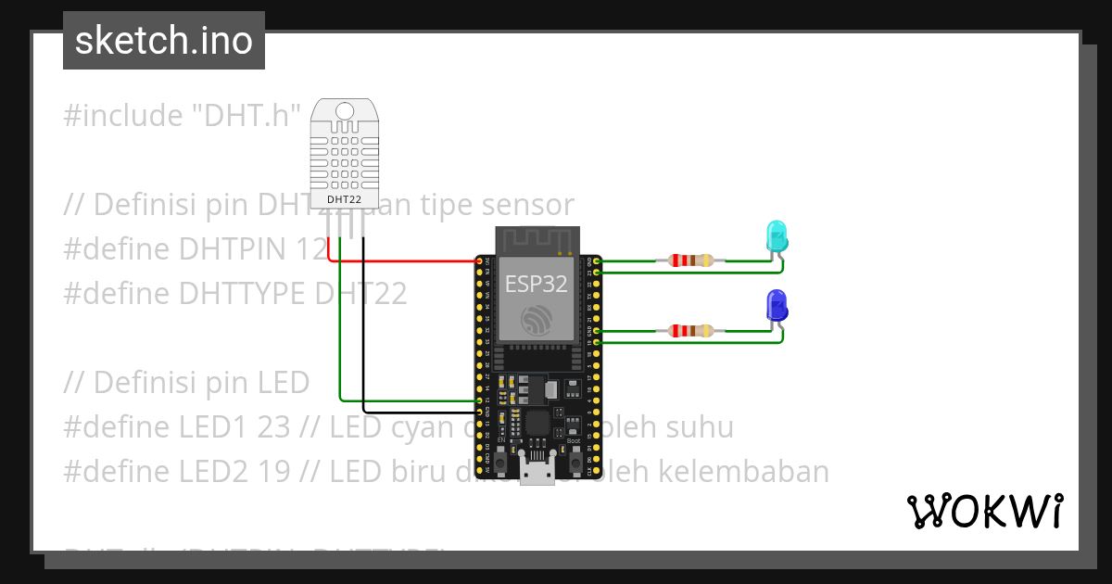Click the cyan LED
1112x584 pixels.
[x=776, y=237]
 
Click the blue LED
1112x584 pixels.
[x=777, y=306]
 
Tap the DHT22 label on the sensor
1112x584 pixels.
[x=345, y=199]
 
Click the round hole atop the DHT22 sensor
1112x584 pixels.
[x=345, y=112]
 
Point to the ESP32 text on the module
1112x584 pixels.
[x=537, y=283]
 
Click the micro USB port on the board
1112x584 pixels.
[x=537, y=474]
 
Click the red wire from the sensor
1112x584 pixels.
[x=398, y=260]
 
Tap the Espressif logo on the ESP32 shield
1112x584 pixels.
[x=537, y=321]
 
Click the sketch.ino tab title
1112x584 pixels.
[x=164, y=41]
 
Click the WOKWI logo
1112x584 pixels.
[x=984, y=511]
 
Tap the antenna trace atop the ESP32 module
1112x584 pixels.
[x=537, y=238]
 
